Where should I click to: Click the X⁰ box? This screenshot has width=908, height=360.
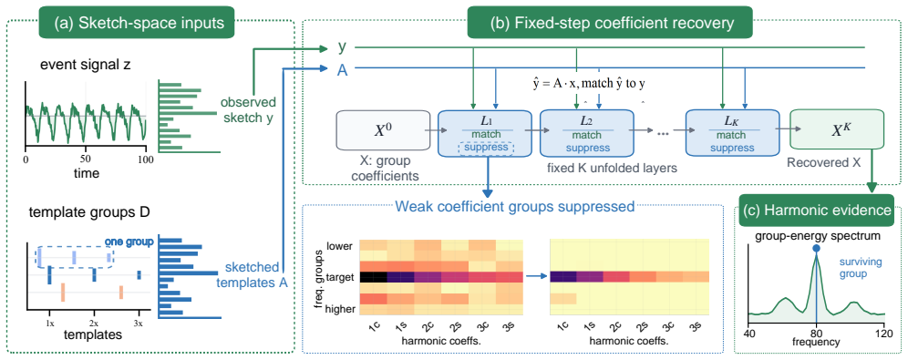382,132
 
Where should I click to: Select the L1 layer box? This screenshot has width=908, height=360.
485,132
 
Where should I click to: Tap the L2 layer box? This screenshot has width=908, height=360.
586,132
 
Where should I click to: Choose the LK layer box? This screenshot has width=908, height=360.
731,132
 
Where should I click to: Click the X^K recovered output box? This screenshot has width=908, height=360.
837,132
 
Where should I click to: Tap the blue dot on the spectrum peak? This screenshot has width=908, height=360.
816,248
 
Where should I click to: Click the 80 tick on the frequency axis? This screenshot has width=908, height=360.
817,333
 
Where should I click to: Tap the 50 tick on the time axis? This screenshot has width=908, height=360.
85,159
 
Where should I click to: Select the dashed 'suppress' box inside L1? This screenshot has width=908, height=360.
485,148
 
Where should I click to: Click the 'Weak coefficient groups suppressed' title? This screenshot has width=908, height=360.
515,207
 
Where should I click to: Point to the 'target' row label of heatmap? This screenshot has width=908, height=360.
340,277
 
